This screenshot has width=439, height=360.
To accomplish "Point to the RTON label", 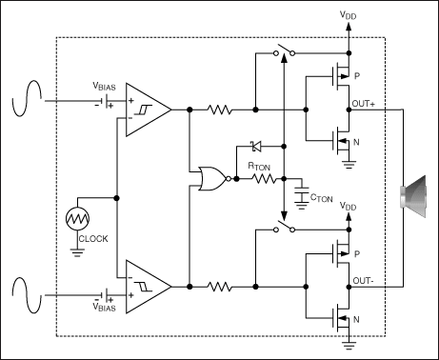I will [x=259, y=166].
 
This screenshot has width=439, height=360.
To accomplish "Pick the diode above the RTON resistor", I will [x=255, y=146].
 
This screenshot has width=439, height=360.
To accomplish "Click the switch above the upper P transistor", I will [x=282, y=52].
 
